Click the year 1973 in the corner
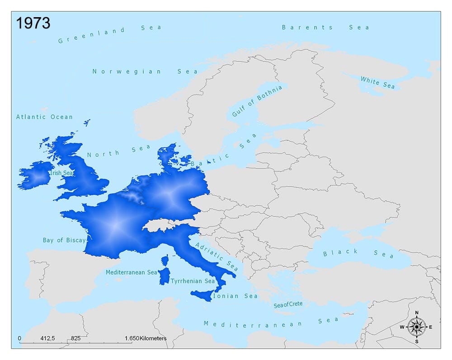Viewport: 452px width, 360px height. (33, 23)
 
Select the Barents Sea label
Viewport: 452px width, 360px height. (325, 27)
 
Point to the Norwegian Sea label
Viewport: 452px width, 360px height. (145, 71)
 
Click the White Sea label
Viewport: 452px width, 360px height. (377, 82)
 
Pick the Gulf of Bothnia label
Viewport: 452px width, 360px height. (256, 100)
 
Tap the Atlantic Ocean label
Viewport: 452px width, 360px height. (44, 117)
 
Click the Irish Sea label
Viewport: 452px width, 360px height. (62, 173)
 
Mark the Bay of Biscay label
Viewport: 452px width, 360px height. (64, 240)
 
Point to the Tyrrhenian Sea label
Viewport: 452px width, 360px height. (193, 281)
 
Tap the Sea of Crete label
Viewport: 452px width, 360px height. (288, 304)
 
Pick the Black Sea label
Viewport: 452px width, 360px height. (358, 253)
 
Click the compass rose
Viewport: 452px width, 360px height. (416, 327)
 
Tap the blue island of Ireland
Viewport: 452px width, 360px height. (35, 175)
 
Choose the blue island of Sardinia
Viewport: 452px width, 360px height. (164, 276)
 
